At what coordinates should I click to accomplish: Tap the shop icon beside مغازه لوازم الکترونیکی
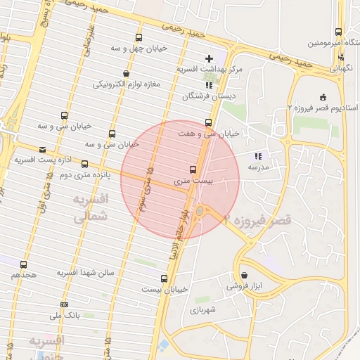click(126, 73)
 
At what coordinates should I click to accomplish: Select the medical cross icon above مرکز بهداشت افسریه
click(208, 58)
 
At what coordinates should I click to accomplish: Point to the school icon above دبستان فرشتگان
click(189, 85)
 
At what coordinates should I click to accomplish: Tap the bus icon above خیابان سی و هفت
click(207, 122)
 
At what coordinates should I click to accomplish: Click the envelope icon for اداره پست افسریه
click(44, 150)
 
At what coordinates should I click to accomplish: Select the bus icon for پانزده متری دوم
click(85, 165)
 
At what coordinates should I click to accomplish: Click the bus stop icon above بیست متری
click(193, 169)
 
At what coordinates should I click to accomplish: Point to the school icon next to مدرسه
click(257, 156)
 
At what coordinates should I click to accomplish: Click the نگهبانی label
click(342, 69)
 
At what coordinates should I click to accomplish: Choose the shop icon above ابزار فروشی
click(244, 276)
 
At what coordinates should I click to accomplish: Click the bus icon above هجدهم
click(24, 265)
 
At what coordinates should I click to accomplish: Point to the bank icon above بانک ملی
click(65, 304)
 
